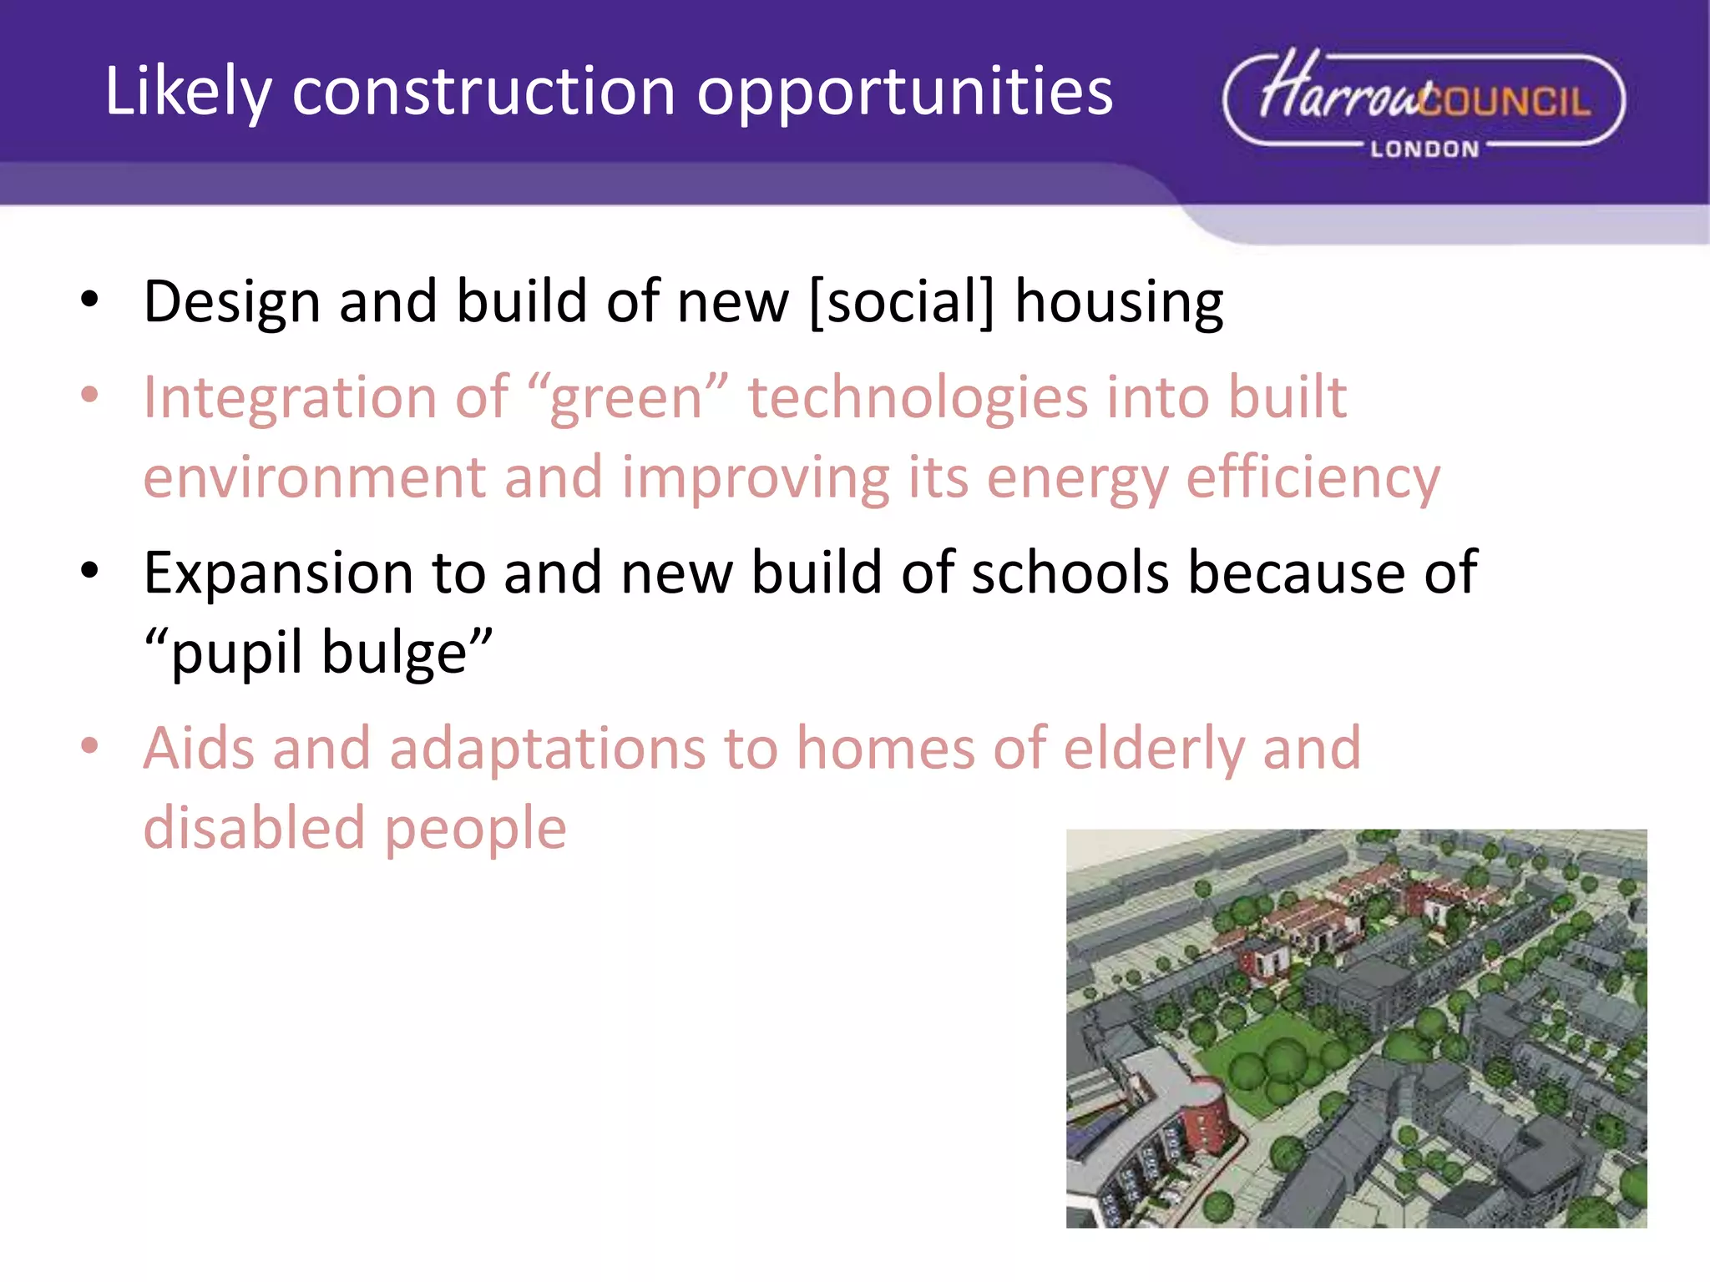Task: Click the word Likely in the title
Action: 188,92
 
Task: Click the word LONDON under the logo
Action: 1424,149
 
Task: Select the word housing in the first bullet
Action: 1119,303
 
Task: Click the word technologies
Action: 918,397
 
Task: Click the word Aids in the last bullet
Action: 197,748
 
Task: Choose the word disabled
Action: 255,829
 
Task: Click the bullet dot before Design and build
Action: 90,300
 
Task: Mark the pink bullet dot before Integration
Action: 90,396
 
